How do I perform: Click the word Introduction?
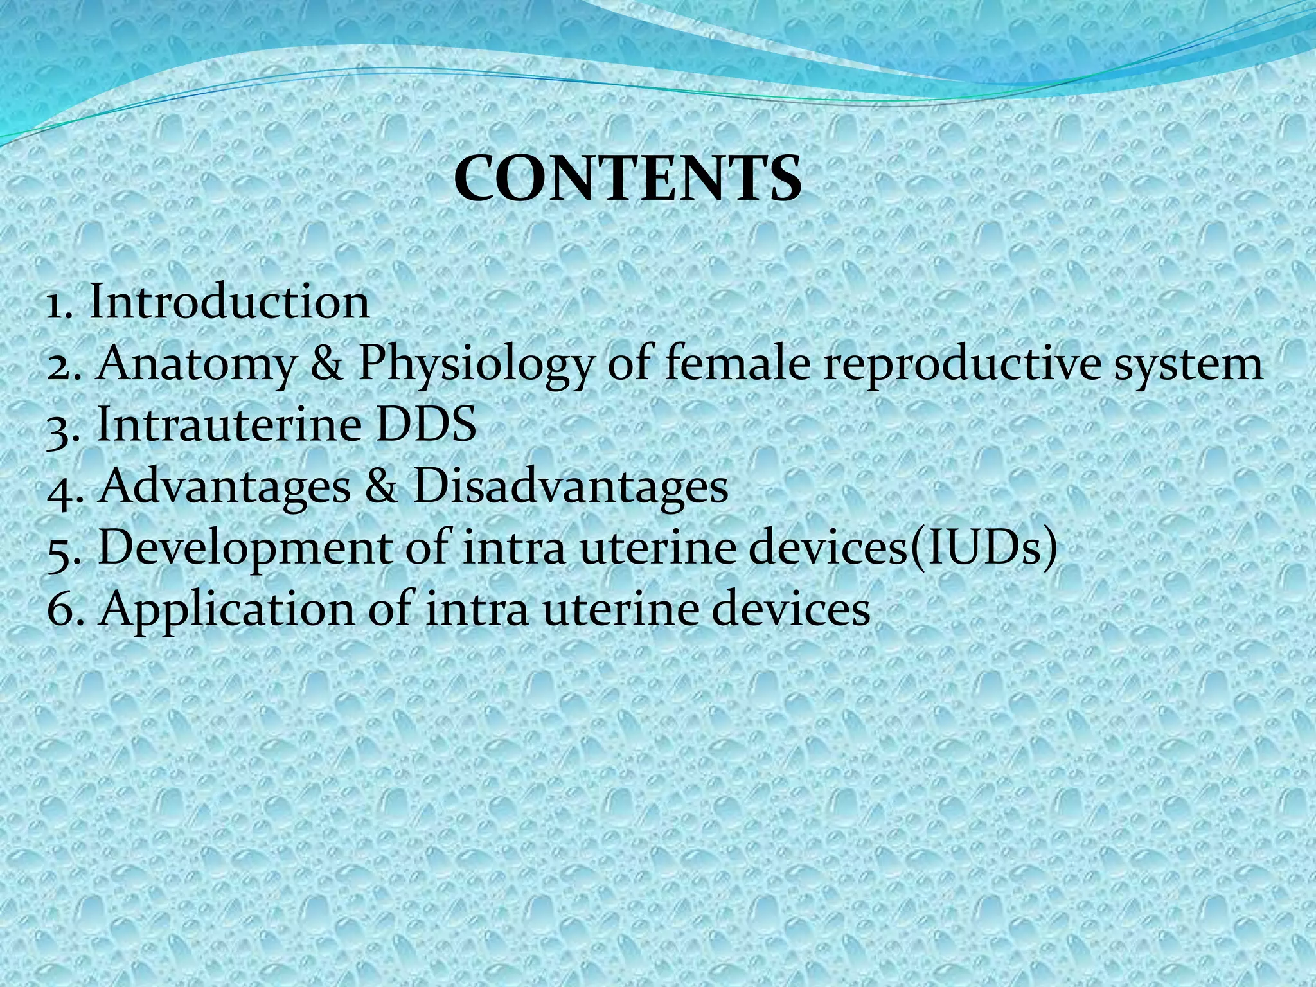pyautogui.click(x=229, y=302)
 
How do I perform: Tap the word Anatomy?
pyautogui.click(x=196, y=364)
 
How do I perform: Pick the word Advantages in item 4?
pyautogui.click(x=226, y=486)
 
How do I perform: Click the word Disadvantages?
pyautogui.click(x=571, y=486)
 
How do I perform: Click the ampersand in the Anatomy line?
pyautogui.click(x=327, y=364)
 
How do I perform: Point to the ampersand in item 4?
pyautogui.click(x=382, y=486)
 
